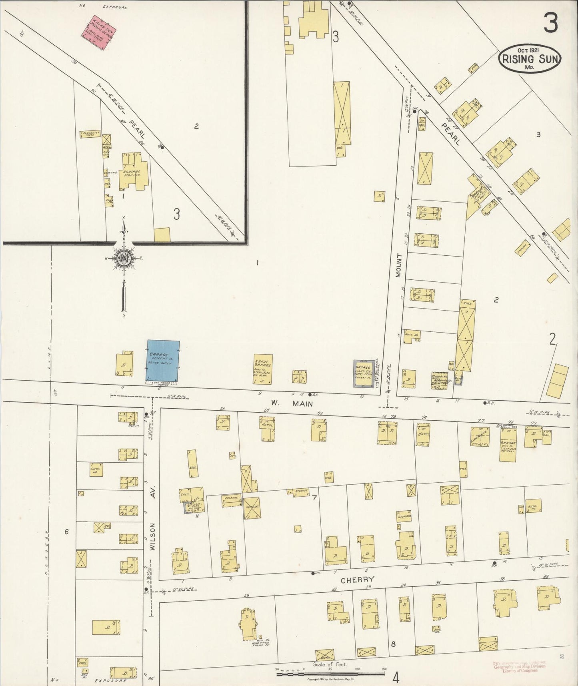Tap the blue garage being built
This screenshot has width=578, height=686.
pyautogui.click(x=163, y=361)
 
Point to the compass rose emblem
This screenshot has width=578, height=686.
pyautogui.click(x=124, y=258)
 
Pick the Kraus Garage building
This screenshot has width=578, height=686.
pyautogui.click(x=263, y=369)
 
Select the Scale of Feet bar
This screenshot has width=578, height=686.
pyautogui.click(x=331, y=674)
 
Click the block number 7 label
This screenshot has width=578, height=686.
pyautogui.click(x=315, y=498)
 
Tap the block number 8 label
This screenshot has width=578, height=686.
pyautogui.click(x=393, y=644)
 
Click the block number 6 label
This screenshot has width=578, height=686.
pyautogui.click(x=66, y=532)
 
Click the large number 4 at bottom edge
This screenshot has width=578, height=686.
pyautogui.click(x=396, y=678)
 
